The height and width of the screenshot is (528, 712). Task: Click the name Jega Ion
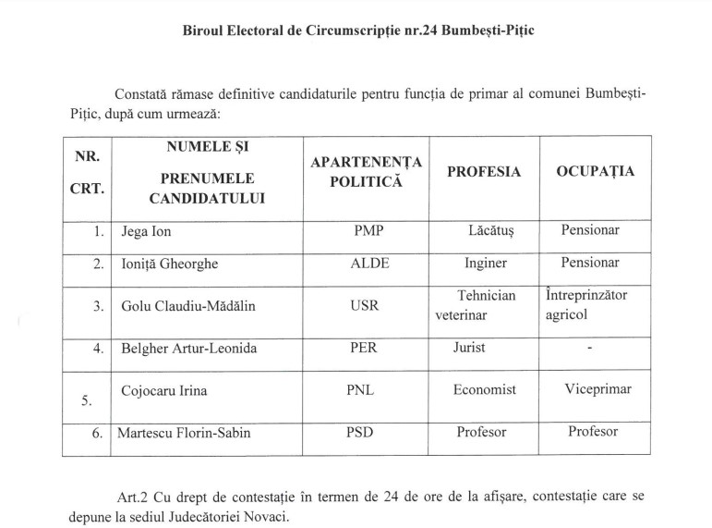(148, 231)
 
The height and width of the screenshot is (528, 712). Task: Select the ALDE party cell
(369, 264)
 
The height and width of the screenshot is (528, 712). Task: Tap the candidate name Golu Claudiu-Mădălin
(183, 306)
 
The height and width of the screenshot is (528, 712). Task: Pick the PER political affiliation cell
(363, 349)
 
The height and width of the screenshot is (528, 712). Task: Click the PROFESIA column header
(484, 172)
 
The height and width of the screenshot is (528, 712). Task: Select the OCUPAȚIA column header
(595, 172)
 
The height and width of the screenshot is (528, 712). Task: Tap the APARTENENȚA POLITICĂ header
(367, 172)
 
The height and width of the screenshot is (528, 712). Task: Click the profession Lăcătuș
(489, 231)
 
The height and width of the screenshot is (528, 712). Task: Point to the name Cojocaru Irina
(164, 390)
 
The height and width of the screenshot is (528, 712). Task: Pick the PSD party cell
(363, 432)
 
